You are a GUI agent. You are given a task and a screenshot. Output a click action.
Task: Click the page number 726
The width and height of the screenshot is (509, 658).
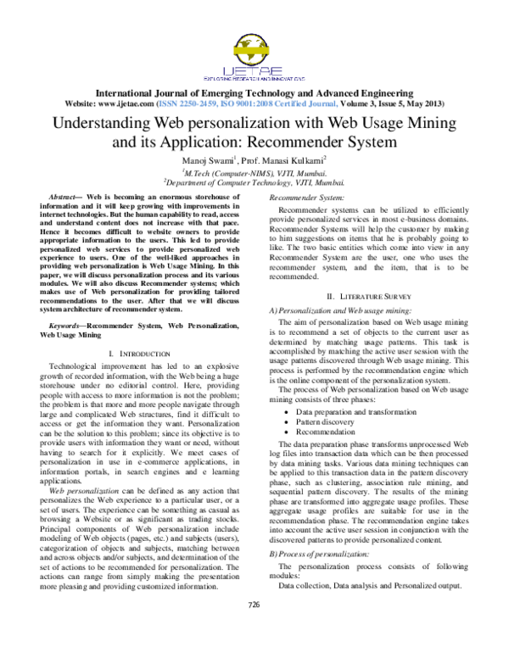[x=254, y=628]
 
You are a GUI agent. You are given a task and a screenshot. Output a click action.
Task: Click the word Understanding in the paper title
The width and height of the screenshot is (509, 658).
[x=102, y=122]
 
